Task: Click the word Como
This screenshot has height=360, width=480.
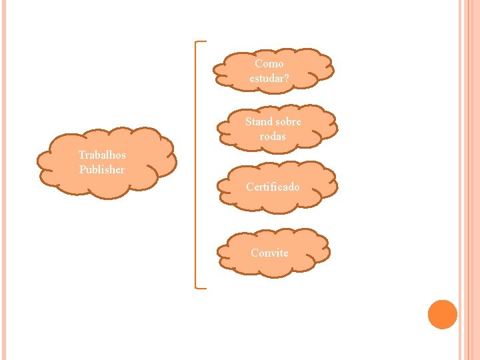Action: click(x=269, y=64)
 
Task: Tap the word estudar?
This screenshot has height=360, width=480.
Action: click(x=269, y=79)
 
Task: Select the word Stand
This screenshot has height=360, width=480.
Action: click(x=259, y=122)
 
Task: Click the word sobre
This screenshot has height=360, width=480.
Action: click(x=288, y=122)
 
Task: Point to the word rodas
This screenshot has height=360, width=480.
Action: click(x=273, y=137)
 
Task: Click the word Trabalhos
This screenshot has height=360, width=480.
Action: click(x=101, y=155)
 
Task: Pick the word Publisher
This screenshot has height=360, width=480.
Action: click(x=101, y=169)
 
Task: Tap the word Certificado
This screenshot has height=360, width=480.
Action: click(x=273, y=187)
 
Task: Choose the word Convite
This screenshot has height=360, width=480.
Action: click(x=269, y=253)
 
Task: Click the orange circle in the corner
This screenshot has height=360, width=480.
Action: click(x=442, y=315)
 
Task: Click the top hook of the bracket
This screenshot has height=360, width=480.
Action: click(x=201, y=42)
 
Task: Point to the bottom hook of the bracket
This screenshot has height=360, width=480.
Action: click(x=201, y=287)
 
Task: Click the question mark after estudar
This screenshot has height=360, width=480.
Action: click(x=287, y=79)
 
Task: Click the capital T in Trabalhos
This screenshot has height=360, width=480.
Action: click(x=81, y=155)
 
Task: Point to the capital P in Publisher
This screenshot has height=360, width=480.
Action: click(x=83, y=169)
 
